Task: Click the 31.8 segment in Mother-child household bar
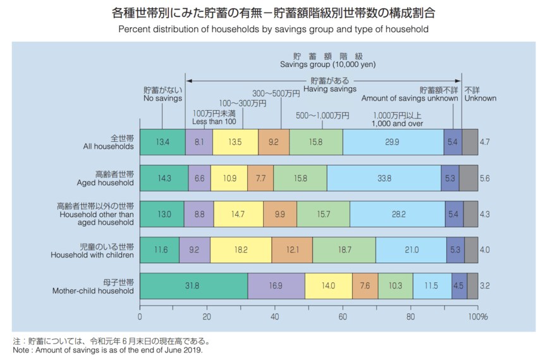click(x=193, y=286)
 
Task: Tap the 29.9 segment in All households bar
click(x=393, y=142)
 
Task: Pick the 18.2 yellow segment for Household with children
click(x=241, y=251)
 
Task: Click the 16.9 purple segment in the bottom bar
click(x=276, y=286)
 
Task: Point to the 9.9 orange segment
click(x=279, y=214)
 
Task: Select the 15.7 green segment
click(x=323, y=214)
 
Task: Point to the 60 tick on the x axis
click(x=343, y=316)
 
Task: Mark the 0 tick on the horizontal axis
click(x=140, y=316)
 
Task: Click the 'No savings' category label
click(x=162, y=99)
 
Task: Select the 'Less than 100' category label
click(x=214, y=121)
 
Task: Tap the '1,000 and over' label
click(x=397, y=124)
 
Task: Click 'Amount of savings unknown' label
click(x=410, y=99)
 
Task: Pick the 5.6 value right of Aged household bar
click(x=485, y=179)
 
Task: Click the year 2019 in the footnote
click(x=192, y=350)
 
